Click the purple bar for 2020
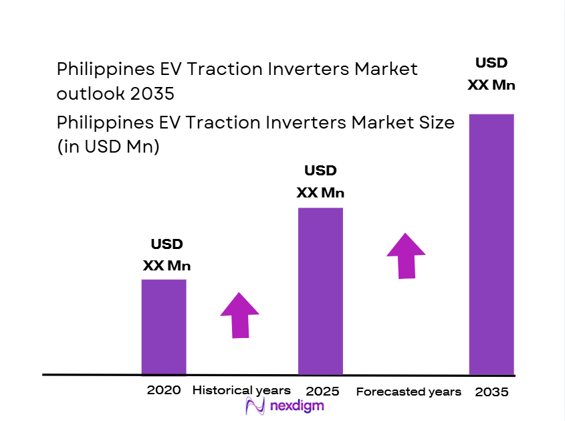pyautogui.click(x=164, y=327)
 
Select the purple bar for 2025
pyautogui.click(x=320, y=291)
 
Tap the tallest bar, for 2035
pyautogui.click(x=491, y=244)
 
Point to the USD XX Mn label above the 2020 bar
pyautogui.click(x=166, y=255)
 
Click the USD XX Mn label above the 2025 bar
pyautogui.click(x=320, y=181)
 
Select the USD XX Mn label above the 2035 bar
pyautogui.click(x=491, y=74)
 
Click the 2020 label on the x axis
pyautogui.click(x=164, y=390)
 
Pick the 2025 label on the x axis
pyautogui.click(x=322, y=391)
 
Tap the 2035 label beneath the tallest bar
pyautogui.click(x=491, y=392)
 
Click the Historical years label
pyautogui.click(x=241, y=390)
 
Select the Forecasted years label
pyautogui.click(x=409, y=392)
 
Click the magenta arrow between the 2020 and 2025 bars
pyautogui.click(x=240, y=315)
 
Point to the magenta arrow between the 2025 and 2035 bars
pyautogui.click(x=406, y=255)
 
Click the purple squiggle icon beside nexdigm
pyautogui.click(x=255, y=406)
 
